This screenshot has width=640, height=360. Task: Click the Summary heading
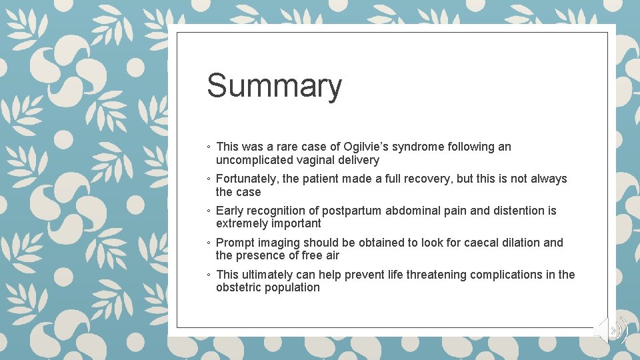274,86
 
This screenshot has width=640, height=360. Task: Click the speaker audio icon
612,330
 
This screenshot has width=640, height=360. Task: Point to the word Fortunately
247,179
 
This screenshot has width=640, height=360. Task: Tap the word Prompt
235,243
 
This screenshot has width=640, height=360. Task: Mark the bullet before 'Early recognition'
209,211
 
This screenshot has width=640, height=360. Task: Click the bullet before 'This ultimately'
209,275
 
